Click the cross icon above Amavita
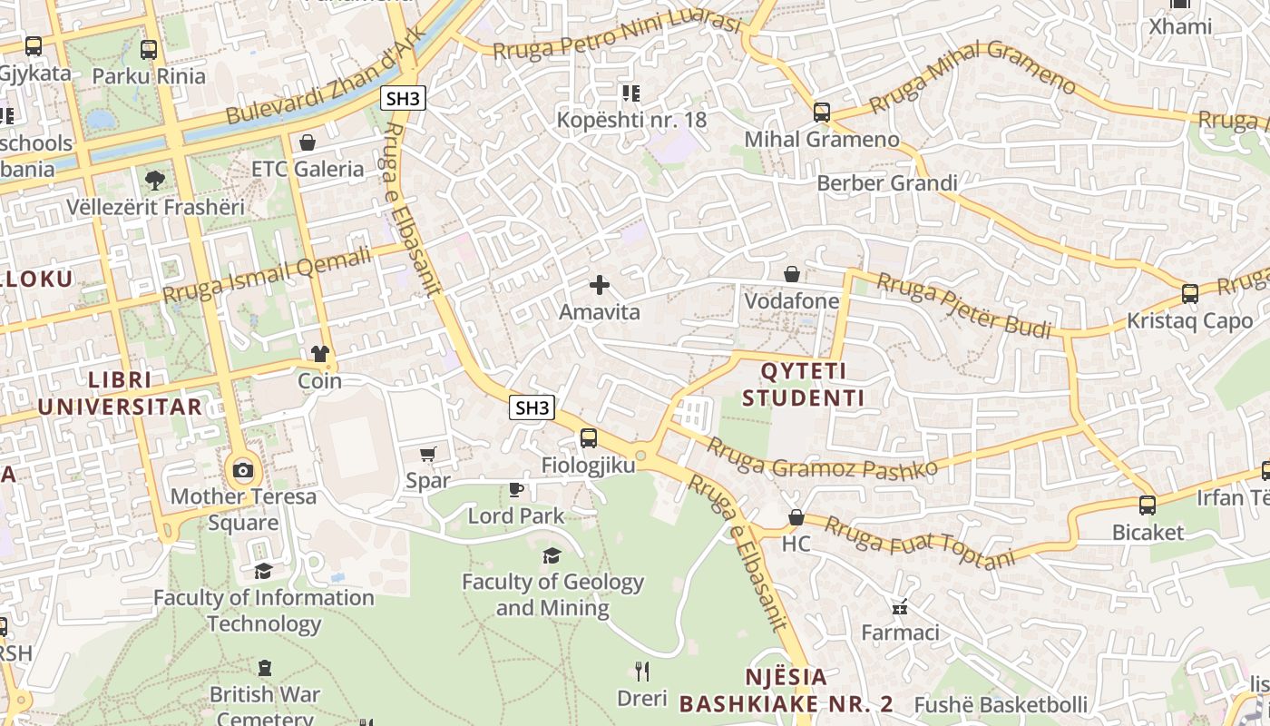click(x=599, y=285)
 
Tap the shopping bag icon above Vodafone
click(x=792, y=273)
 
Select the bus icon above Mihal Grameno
click(x=821, y=112)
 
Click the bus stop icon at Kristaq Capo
click(x=1189, y=293)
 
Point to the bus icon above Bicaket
click(x=1148, y=505)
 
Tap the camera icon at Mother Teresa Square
click(x=243, y=469)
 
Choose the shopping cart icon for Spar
click(x=428, y=454)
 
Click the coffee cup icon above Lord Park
click(x=515, y=490)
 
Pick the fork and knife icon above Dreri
click(x=642, y=672)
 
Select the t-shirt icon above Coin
click(x=319, y=354)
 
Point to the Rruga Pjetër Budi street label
click(x=963, y=304)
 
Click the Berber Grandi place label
click(x=887, y=183)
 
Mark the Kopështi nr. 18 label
click(x=631, y=120)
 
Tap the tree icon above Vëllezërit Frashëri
click(x=155, y=180)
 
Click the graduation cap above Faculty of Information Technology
click(x=263, y=571)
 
